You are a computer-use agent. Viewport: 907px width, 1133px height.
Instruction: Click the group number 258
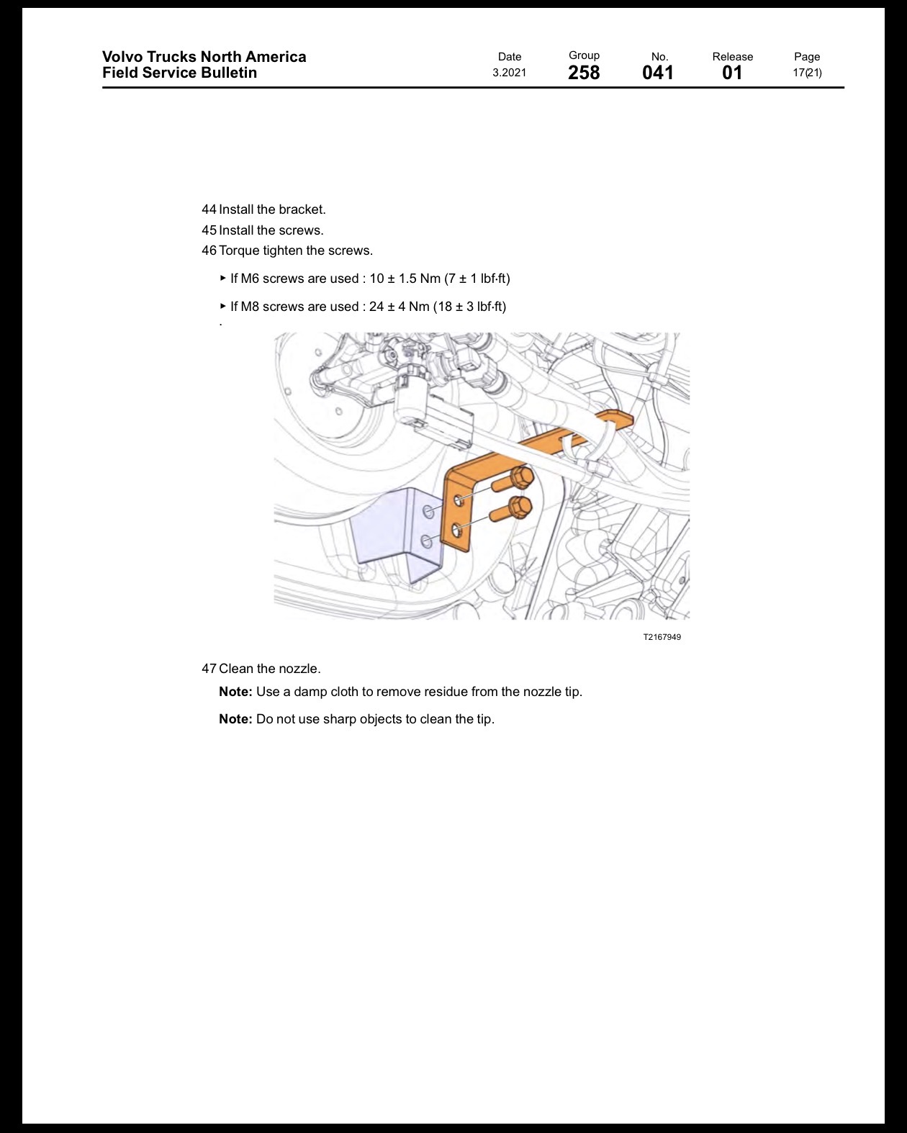(584, 73)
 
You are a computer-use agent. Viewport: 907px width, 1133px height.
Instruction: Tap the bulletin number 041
(658, 73)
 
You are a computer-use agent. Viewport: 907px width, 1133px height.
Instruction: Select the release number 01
(732, 73)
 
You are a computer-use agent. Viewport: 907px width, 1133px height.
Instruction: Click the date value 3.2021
(510, 73)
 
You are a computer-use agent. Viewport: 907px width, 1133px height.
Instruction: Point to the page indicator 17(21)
(807, 73)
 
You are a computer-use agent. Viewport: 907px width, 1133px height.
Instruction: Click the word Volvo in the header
(121, 57)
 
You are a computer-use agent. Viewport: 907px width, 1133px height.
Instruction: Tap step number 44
(209, 209)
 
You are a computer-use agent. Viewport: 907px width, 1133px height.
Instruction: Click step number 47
(209, 669)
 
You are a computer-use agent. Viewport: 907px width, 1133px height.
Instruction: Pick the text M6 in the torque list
(251, 279)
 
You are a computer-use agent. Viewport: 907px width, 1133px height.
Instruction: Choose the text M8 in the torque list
(251, 307)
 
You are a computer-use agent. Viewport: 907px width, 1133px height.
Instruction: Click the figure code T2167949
(662, 637)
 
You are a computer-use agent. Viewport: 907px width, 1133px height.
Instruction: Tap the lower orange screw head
(520, 507)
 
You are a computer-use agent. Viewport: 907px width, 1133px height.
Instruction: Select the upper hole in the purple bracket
(429, 511)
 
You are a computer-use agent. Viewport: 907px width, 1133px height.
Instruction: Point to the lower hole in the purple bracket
(427, 541)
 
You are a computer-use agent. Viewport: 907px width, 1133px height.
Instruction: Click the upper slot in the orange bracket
(459, 499)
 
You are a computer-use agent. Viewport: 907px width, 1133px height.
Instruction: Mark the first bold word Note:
(235, 692)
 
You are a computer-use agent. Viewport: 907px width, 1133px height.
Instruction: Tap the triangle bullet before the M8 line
(223, 306)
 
